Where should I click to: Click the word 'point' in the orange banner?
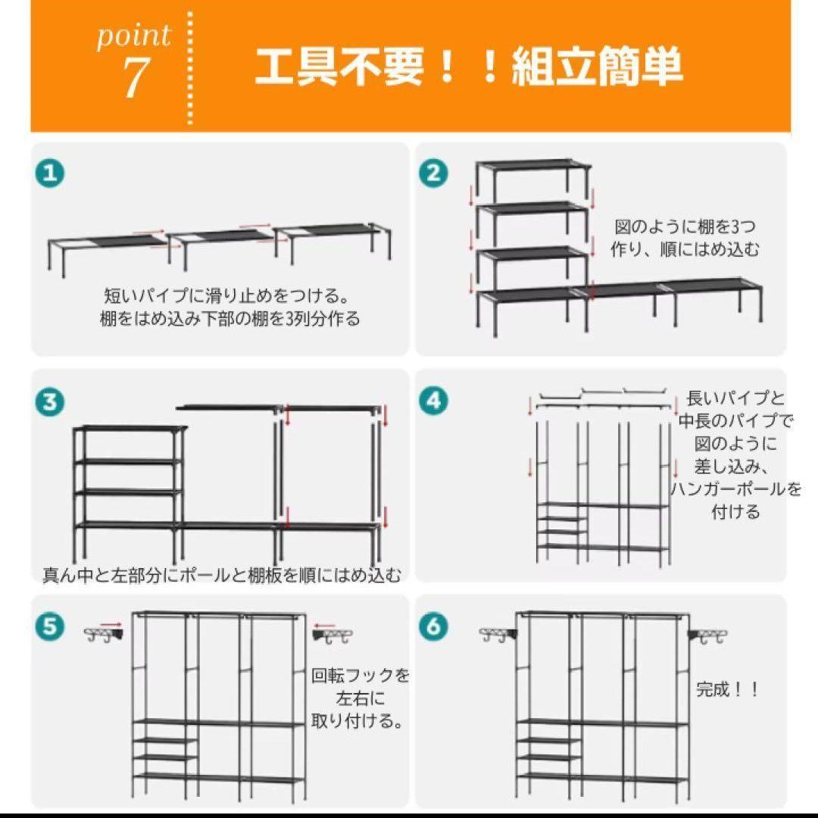[133, 36]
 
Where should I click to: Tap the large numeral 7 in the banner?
[135, 78]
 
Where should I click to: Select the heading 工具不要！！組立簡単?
[468, 66]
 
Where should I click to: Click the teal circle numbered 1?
[50, 173]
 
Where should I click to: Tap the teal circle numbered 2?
[433, 173]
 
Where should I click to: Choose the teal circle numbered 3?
[50, 401]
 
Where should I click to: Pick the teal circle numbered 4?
[433, 401]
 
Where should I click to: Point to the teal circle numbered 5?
[50, 626]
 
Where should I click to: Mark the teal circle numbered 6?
[433, 626]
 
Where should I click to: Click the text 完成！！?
[727, 690]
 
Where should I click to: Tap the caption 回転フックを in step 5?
[361, 676]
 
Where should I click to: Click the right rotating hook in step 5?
[333, 635]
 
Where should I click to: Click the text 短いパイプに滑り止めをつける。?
[227, 296]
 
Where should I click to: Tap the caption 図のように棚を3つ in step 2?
[685, 227]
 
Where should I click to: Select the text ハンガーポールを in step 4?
[735, 489]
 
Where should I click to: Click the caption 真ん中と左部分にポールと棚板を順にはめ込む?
[222, 574]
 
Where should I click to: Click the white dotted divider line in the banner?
[190, 68]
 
